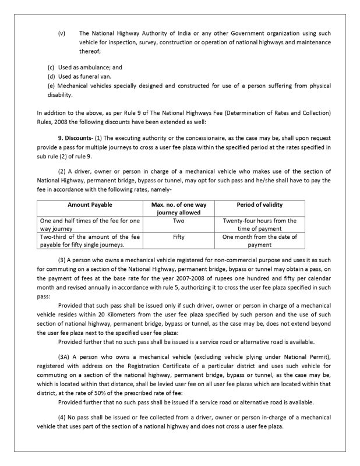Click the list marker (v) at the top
coord(62,33)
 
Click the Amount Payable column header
coord(90,205)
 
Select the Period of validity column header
coord(259,205)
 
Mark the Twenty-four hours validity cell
coord(259,225)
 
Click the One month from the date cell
coord(259,241)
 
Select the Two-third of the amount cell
coord(90,241)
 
